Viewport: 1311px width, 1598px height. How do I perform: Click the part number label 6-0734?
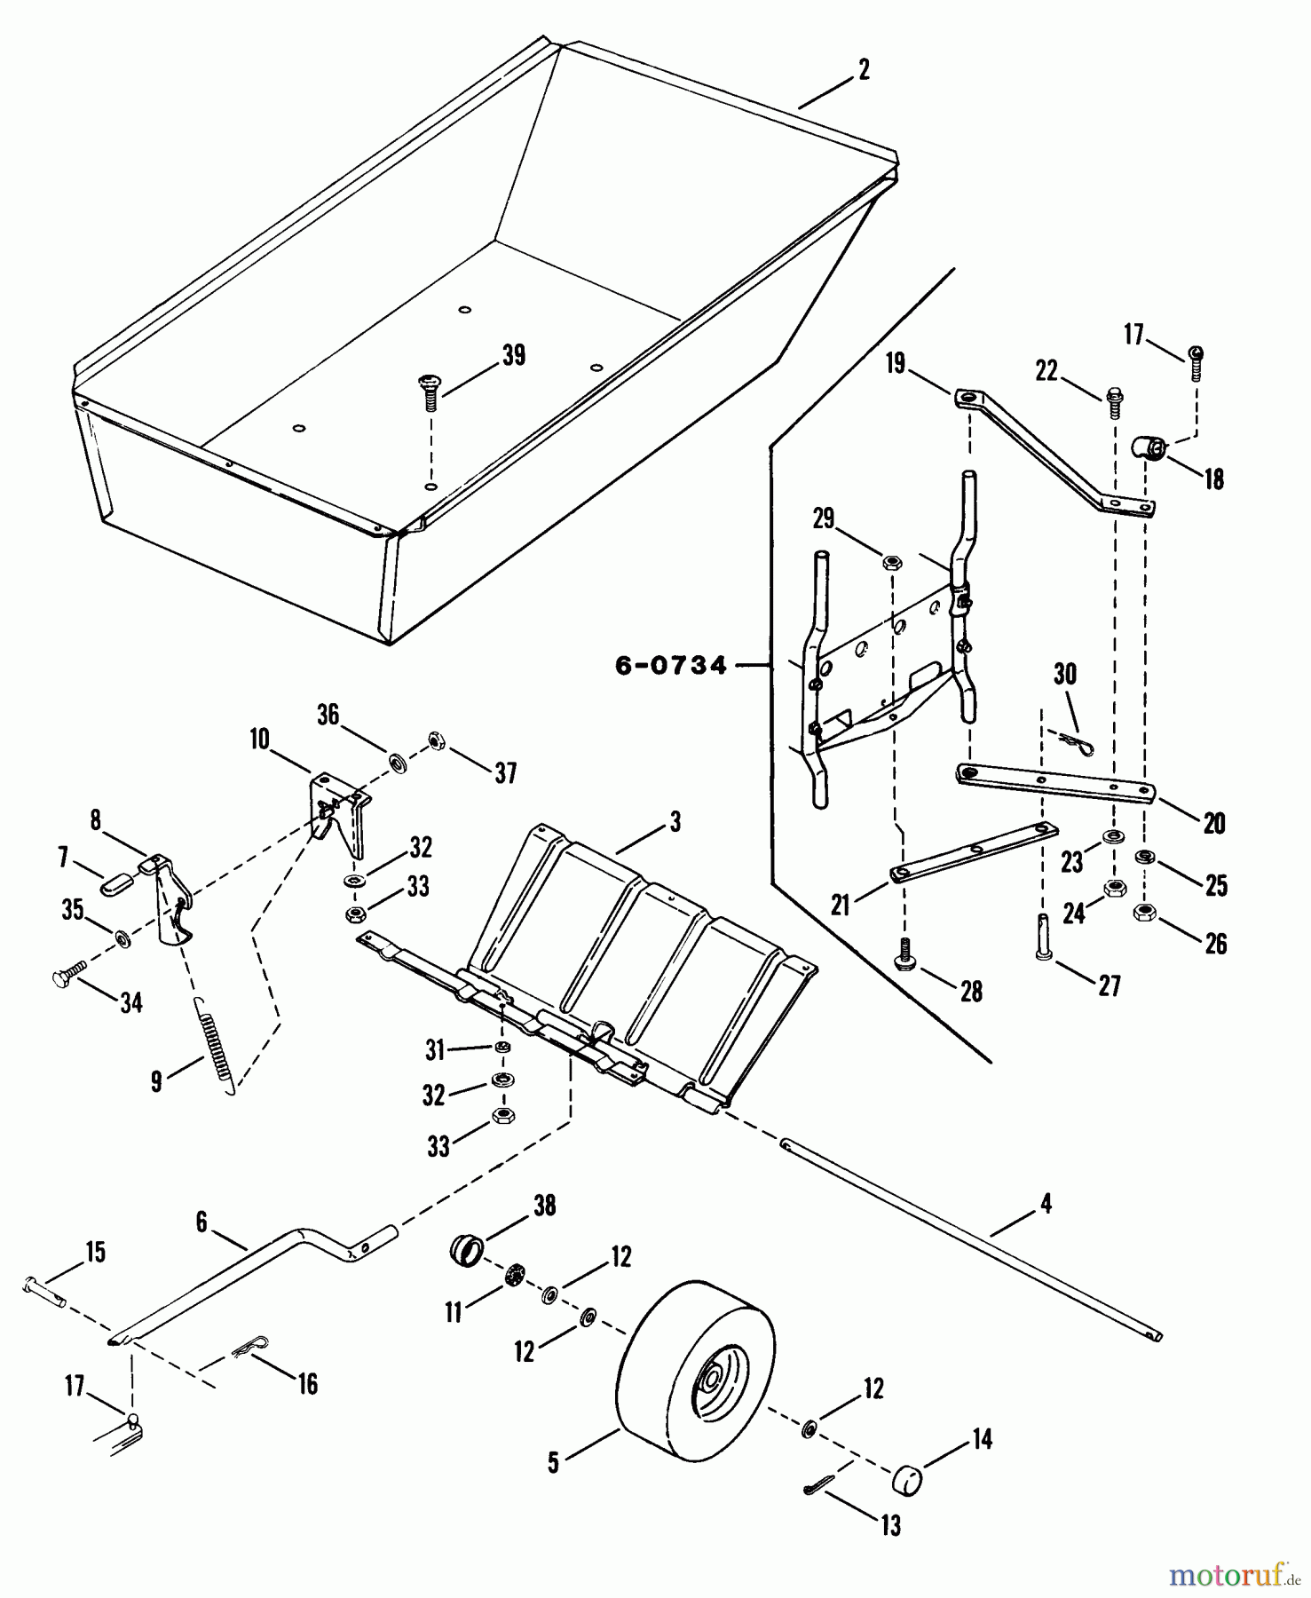671,665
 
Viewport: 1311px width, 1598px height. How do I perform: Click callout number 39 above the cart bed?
514,355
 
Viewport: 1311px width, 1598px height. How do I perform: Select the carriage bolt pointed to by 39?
428,392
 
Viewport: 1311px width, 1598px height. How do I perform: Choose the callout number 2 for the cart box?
864,70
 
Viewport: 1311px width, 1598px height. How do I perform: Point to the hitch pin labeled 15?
44,1293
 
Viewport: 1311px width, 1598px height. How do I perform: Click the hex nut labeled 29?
893,562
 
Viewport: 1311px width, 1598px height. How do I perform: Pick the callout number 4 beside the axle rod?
1046,1204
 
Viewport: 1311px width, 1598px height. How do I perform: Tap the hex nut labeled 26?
1144,912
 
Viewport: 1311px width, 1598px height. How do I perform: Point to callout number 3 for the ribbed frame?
675,822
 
